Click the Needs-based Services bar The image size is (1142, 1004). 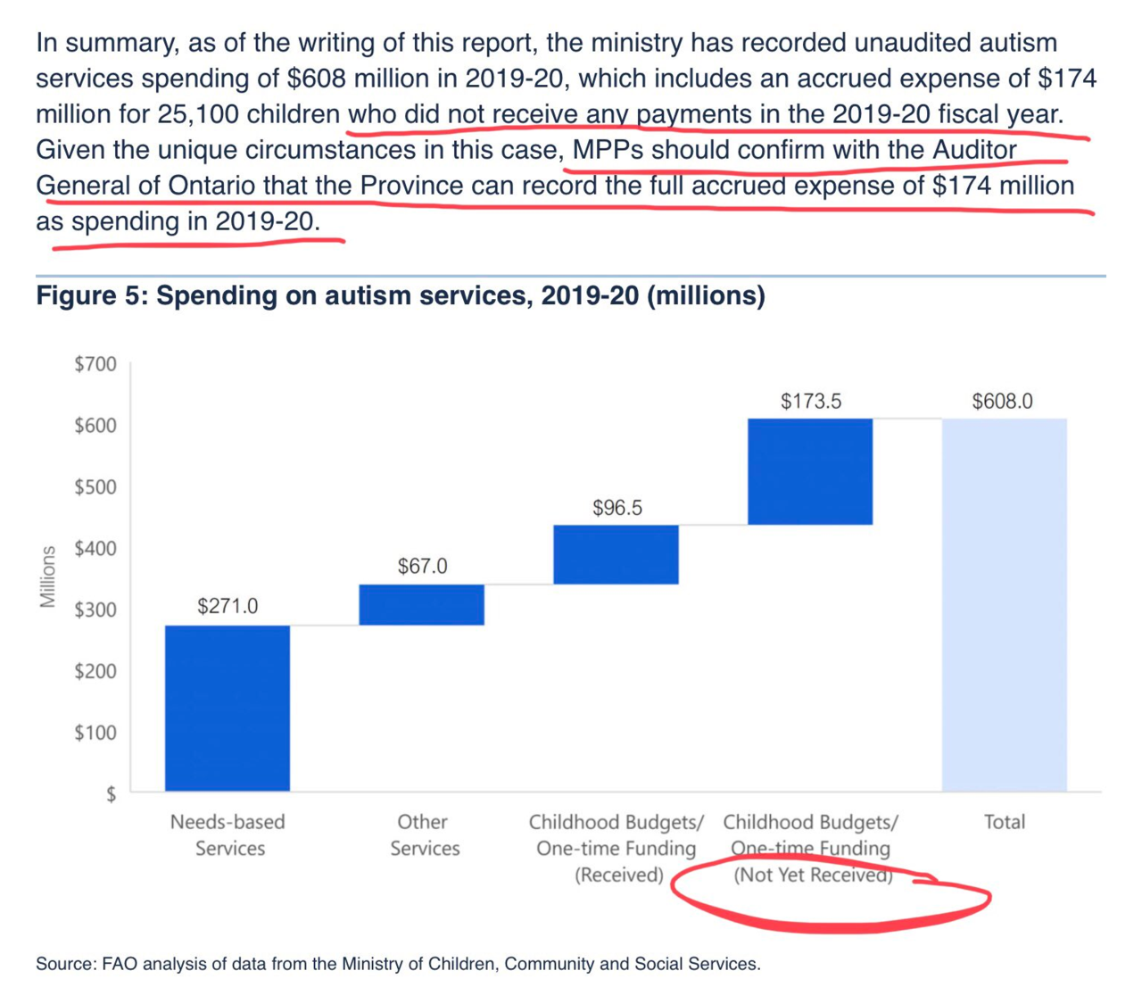pyautogui.click(x=228, y=708)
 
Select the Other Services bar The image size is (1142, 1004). pyautogui.click(x=421, y=604)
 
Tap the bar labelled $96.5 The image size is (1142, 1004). pyautogui.click(x=616, y=554)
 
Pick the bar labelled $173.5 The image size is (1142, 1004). pyautogui.click(x=810, y=471)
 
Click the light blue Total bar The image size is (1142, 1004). pyautogui.click(x=1004, y=604)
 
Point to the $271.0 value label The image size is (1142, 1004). pyautogui.click(x=228, y=607)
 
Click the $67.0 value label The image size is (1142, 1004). pyautogui.click(x=422, y=567)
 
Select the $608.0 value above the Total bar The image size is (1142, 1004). pyautogui.click(x=1002, y=402)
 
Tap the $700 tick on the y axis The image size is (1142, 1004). pyautogui.click(x=95, y=364)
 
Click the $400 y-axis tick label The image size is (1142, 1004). pyautogui.click(x=95, y=549)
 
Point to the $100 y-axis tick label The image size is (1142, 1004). pyautogui.click(x=95, y=733)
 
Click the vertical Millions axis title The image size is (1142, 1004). pyautogui.click(x=47, y=577)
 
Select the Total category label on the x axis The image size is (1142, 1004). pyautogui.click(x=1004, y=822)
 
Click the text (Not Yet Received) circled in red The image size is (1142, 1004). pyautogui.click(x=812, y=875)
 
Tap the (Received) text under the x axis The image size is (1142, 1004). pyautogui.click(x=619, y=875)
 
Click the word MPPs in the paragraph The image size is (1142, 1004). pyautogui.click(x=608, y=150)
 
